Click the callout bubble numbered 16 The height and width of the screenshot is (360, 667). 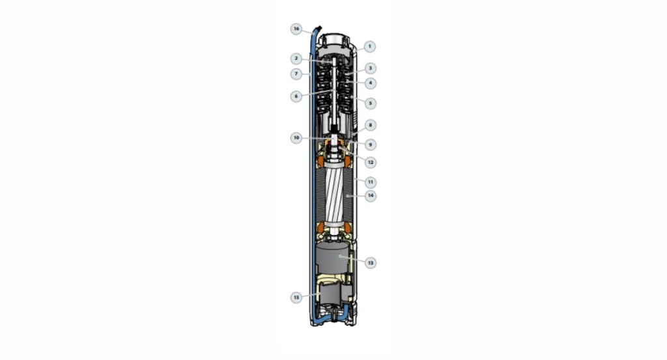coord(296,29)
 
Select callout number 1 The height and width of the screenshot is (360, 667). coord(370,46)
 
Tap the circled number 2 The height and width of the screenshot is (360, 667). coord(296,58)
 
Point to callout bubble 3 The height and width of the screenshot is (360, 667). coord(370,68)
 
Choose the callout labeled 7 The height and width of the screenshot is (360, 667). coord(296,74)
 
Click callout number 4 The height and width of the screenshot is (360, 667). coord(370,83)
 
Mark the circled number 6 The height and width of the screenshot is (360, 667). coord(296,96)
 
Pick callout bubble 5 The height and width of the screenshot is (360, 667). coord(370,103)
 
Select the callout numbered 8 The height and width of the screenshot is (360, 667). coord(370,125)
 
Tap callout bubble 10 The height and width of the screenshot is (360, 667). coord(296,138)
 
